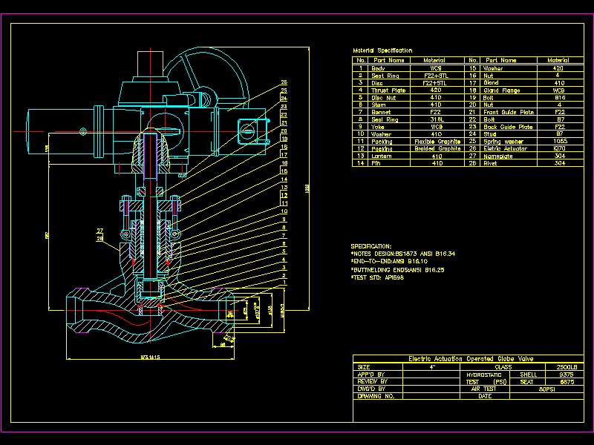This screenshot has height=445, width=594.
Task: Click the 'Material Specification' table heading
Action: pos(382,50)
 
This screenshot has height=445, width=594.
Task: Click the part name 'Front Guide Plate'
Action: pos(509,112)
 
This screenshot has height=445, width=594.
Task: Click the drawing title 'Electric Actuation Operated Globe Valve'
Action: pos(461,359)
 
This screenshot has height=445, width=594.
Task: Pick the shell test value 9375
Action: pos(566,375)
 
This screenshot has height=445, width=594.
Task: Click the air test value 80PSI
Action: pos(548,389)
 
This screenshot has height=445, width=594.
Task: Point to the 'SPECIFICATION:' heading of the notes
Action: pos(371,246)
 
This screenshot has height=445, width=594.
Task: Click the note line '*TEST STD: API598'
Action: pos(377,277)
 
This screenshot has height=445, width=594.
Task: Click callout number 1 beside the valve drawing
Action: pos(284,283)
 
